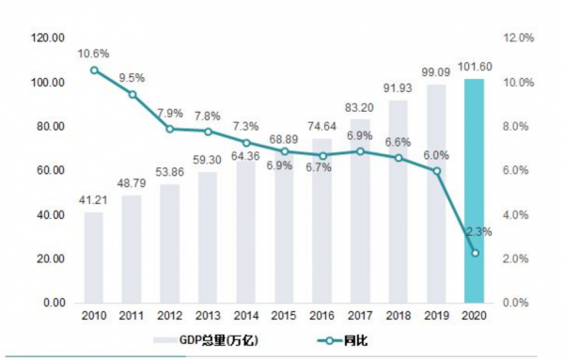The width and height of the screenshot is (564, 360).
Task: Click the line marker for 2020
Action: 475,253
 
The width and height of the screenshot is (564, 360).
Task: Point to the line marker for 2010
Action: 94,70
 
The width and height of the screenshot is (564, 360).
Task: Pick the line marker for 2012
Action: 170,129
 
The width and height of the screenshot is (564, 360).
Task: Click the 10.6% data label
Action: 94,53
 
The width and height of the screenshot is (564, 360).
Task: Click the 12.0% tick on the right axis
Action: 519,39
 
